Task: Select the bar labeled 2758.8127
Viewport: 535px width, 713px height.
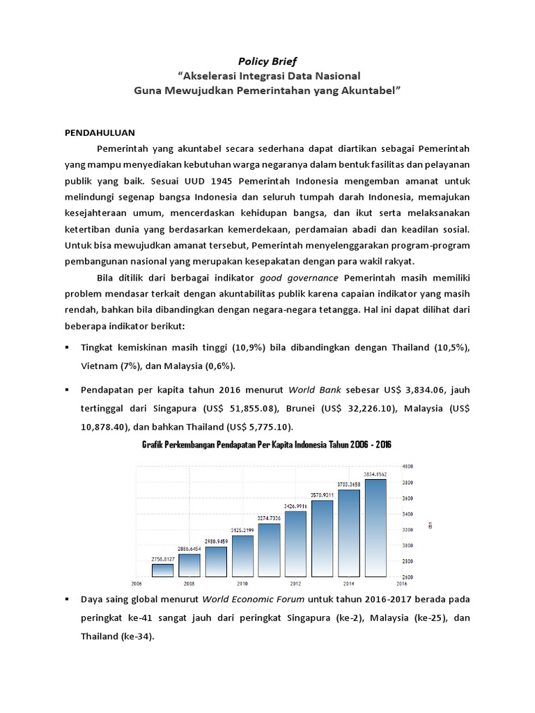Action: (x=162, y=570)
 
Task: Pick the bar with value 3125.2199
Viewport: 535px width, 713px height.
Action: (x=242, y=556)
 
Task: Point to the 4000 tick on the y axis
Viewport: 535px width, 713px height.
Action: (x=408, y=466)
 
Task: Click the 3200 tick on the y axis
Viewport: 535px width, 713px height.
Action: (x=408, y=530)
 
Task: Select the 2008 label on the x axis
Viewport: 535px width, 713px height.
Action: (x=189, y=583)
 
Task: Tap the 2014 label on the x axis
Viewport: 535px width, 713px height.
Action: (x=349, y=583)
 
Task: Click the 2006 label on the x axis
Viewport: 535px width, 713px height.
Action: (x=136, y=583)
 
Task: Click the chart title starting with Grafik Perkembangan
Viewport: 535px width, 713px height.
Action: (x=267, y=445)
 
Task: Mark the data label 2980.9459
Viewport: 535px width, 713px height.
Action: (x=216, y=540)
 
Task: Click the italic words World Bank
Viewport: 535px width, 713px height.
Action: (x=312, y=391)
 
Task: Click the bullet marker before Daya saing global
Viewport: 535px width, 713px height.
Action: (x=67, y=599)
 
